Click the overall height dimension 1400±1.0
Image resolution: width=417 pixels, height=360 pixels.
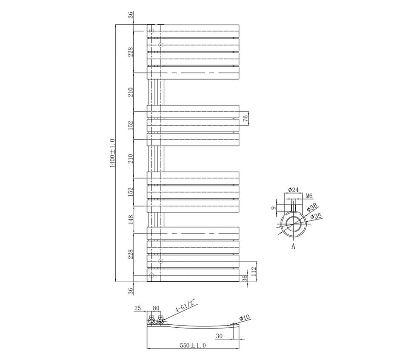pos(112,153)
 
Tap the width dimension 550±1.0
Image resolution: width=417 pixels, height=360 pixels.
pos(193,346)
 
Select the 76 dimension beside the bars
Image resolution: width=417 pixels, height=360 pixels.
pos(246,118)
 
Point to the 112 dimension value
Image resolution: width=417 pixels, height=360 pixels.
pos(254,272)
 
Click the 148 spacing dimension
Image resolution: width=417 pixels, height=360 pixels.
pos(131,220)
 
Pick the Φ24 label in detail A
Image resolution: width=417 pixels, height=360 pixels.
pos(293,190)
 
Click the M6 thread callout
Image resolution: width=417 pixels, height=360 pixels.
pos(309,196)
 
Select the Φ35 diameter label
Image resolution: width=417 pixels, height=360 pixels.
pos(316,216)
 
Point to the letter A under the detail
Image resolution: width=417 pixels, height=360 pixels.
pos(293,247)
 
